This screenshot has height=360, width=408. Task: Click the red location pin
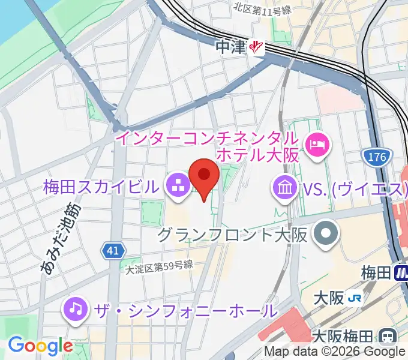point(204,178)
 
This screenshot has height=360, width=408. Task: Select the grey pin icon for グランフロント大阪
point(327,233)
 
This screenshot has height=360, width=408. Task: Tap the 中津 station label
point(232,47)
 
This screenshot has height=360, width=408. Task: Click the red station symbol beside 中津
point(257,47)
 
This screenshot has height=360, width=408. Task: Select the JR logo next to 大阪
point(356,297)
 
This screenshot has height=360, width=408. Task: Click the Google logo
point(40,346)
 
